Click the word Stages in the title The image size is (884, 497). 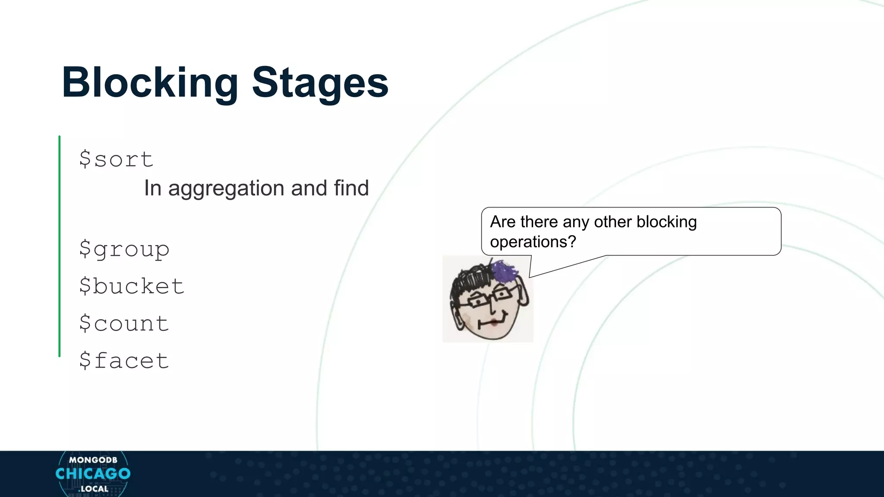point(320,83)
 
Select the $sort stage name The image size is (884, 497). point(116,159)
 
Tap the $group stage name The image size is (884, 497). point(124,249)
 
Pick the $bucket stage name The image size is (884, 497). point(132,286)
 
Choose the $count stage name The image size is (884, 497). point(124,324)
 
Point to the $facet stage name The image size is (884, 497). point(124,361)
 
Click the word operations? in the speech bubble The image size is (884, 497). point(533,242)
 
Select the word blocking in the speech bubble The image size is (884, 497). point(666,222)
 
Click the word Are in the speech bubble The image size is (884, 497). point(503,222)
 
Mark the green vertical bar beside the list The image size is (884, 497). point(60,246)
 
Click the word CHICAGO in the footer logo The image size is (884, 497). point(93,474)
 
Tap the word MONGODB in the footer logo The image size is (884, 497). point(93,460)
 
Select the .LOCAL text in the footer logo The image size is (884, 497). point(94,489)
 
